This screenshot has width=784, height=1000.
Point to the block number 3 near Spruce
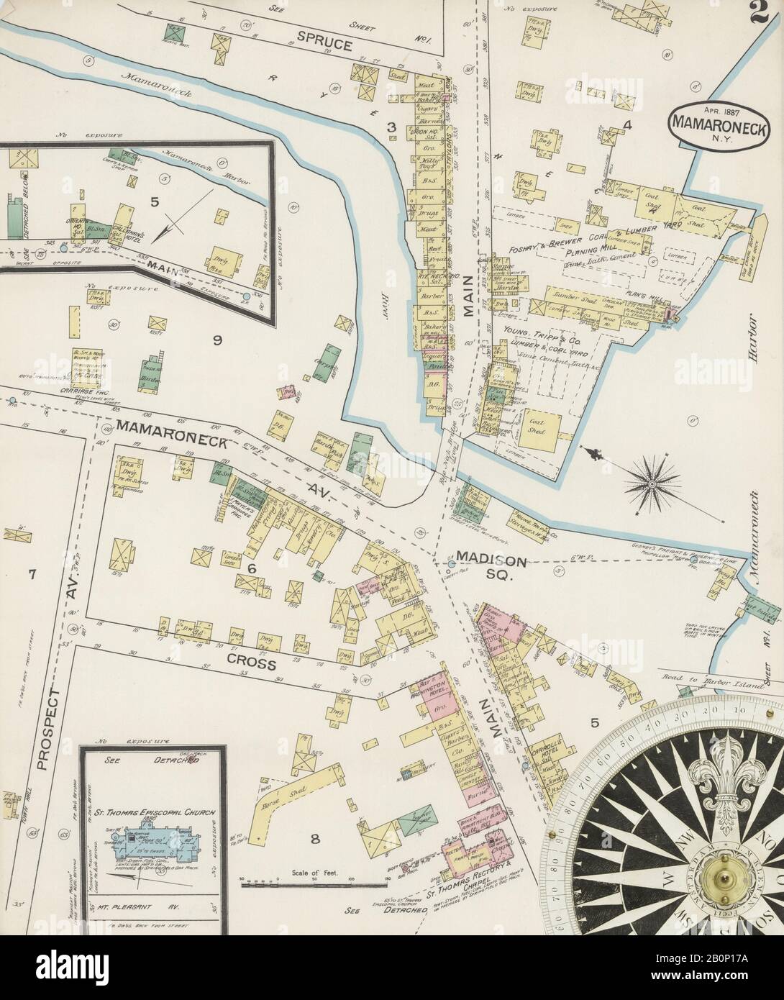click(x=392, y=128)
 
